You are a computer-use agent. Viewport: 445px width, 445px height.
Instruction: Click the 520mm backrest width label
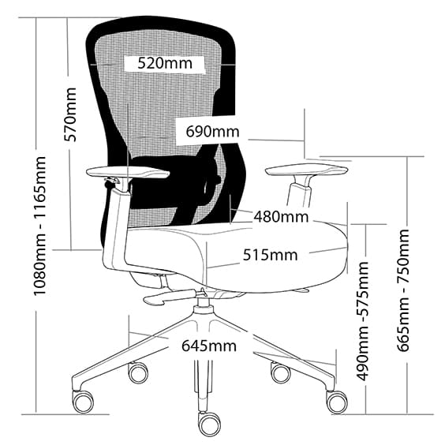[165, 63]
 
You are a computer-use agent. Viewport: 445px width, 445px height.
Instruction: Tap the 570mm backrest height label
[70, 114]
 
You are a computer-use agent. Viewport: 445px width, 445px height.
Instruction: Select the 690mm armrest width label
[212, 132]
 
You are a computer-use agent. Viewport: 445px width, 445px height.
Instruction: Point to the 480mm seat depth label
[281, 217]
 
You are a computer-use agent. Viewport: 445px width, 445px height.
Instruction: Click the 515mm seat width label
[270, 255]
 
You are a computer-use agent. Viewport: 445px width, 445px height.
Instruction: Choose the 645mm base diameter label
[209, 346]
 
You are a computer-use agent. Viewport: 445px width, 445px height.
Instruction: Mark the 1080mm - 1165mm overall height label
[39, 226]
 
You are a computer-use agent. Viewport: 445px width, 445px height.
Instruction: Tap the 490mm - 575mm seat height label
[362, 320]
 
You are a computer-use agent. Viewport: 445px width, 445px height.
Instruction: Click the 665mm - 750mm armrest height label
[403, 290]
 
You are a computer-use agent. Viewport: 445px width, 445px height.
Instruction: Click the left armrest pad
[128, 172]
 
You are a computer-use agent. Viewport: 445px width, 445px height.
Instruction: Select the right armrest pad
[307, 170]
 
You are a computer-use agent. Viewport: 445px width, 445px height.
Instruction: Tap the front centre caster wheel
[209, 423]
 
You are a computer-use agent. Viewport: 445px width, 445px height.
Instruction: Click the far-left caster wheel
[83, 401]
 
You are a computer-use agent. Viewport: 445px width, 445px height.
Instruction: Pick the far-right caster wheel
[337, 401]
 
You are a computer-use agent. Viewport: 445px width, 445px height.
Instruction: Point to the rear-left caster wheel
[138, 372]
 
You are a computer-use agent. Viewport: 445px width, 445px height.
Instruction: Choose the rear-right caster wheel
[281, 372]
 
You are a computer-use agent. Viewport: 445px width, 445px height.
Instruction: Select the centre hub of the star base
[202, 309]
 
